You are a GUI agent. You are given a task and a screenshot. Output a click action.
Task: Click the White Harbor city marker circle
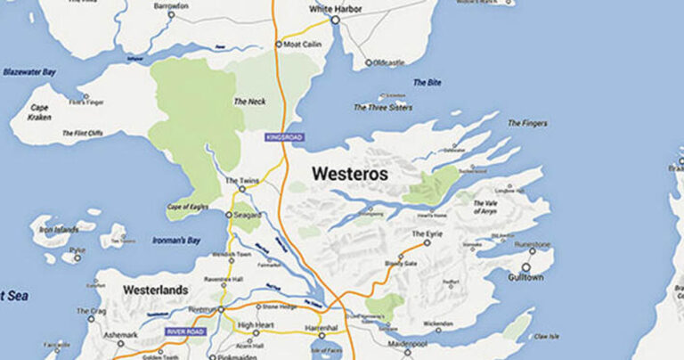coord(336,20)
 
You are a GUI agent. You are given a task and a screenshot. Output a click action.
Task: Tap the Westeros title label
coord(349,175)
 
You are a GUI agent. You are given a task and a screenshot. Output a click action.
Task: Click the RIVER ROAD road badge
coord(185,331)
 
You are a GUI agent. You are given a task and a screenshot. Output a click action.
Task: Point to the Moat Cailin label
coord(303,44)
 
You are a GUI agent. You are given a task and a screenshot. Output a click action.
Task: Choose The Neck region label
coord(250,102)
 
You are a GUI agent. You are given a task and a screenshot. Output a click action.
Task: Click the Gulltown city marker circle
coord(525,266)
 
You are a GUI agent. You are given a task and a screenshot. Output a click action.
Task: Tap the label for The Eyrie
coord(427,233)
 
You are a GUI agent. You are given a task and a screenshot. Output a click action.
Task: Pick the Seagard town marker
coord(229,215)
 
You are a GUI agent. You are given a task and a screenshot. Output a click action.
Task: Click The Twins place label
coord(241,180)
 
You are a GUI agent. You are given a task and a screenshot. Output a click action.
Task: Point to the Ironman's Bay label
coord(176,240)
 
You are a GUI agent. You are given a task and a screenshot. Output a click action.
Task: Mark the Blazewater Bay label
coord(28,71)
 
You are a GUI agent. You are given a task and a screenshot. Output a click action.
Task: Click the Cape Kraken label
coord(38,112)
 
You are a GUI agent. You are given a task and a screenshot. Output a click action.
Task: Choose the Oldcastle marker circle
coord(369,63)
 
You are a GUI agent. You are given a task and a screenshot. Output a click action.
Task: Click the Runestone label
coord(533,244)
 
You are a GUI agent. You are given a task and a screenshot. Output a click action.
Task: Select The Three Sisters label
coord(383,108)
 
